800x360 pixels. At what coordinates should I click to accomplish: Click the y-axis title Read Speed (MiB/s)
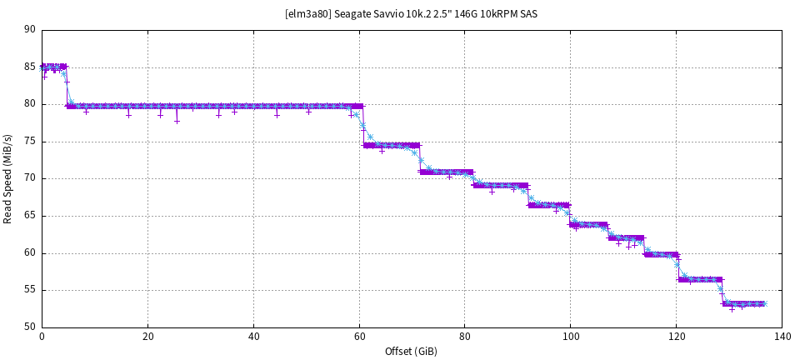coord(8,177)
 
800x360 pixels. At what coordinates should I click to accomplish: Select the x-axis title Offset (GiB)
coord(411,351)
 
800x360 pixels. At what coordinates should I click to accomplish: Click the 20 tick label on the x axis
coord(147,337)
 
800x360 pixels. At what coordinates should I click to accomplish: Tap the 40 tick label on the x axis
coord(253,337)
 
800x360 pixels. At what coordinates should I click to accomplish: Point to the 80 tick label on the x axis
coord(464,337)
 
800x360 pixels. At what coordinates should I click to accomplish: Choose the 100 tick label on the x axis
coord(570,337)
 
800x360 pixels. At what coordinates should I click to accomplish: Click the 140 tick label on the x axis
coord(781,337)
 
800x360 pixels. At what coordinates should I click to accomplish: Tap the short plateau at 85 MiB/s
coord(54,66)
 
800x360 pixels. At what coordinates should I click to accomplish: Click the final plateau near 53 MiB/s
coord(744,304)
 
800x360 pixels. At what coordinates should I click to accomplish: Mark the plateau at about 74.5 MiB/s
coord(392,145)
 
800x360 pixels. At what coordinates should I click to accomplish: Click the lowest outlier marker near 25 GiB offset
coord(177,121)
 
